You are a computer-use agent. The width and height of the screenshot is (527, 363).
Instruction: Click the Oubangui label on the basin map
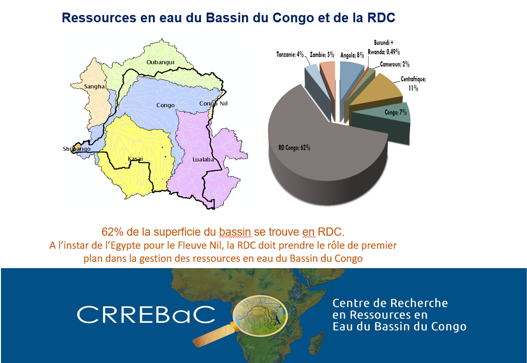(160, 62)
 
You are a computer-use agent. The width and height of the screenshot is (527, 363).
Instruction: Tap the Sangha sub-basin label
(94, 86)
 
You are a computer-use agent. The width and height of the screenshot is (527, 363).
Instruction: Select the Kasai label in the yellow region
(136, 159)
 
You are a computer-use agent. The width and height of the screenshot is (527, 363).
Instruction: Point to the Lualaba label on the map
(203, 159)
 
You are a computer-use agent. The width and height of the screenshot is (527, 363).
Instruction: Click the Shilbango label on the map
(76, 149)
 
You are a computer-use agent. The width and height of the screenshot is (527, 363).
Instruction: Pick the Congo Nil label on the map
(213, 104)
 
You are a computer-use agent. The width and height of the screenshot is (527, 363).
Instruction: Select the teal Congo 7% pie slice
(380, 122)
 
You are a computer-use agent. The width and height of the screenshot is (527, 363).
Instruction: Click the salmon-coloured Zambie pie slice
(327, 77)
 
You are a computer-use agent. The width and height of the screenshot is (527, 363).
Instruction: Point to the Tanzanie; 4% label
(290, 54)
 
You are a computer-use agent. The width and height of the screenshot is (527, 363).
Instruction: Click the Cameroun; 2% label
(394, 64)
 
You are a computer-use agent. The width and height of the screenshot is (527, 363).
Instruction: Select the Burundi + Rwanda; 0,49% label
(383, 47)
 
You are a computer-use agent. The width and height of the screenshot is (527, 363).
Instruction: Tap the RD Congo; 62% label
(294, 148)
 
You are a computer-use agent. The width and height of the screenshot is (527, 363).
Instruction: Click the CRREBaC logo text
(146, 315)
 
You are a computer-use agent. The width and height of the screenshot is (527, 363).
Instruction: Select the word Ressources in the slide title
(99, 17)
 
